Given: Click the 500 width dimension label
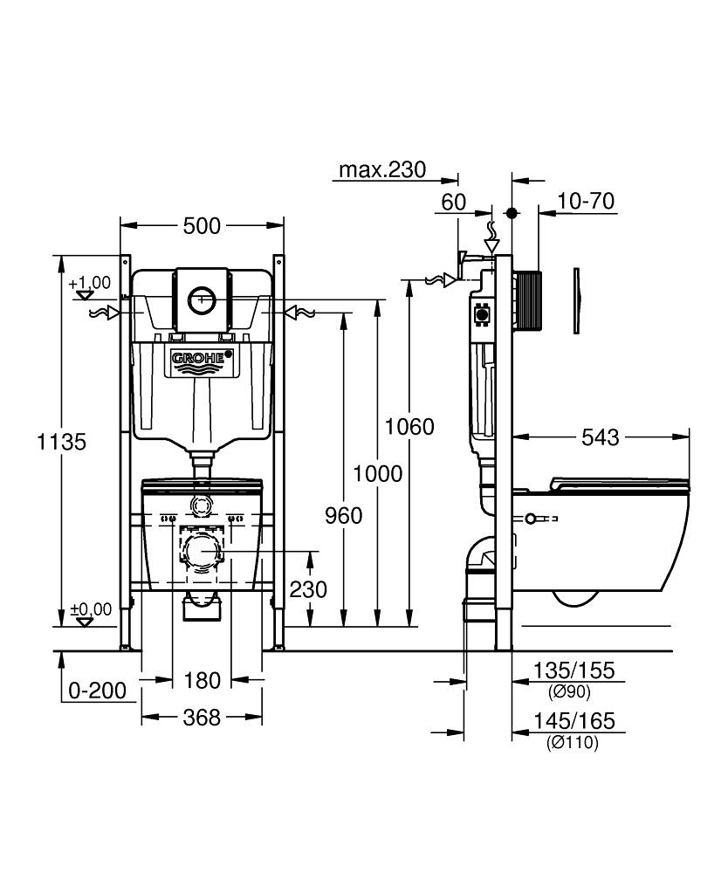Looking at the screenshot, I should click(x=202, y=226).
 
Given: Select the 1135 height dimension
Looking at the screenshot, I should click(x=61, y=442).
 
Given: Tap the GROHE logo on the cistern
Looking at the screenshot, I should click(x=203, y=358).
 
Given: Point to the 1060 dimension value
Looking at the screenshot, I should click(x=410, y=427).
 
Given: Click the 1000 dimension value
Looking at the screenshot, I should click(x=378, y=474).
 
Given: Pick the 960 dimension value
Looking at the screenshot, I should click(x=344, y=516).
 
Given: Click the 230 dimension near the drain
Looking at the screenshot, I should click(x=308, y=589).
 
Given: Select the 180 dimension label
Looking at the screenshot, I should click(x=202, y=679).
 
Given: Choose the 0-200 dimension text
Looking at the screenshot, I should click(x=98, y=691).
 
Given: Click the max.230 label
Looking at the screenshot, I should click(x=382, y=169).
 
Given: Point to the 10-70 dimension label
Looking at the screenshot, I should click(x=586, y=202).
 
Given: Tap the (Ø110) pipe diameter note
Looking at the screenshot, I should click(x=573, y=743).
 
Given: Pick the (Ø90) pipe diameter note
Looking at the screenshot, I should click(x=570, y=692).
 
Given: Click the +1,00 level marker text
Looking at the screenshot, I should click(x=90, y=282).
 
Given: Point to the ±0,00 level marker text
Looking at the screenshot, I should click(x=91, y=609).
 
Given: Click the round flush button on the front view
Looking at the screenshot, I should click(x=203, y=299).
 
